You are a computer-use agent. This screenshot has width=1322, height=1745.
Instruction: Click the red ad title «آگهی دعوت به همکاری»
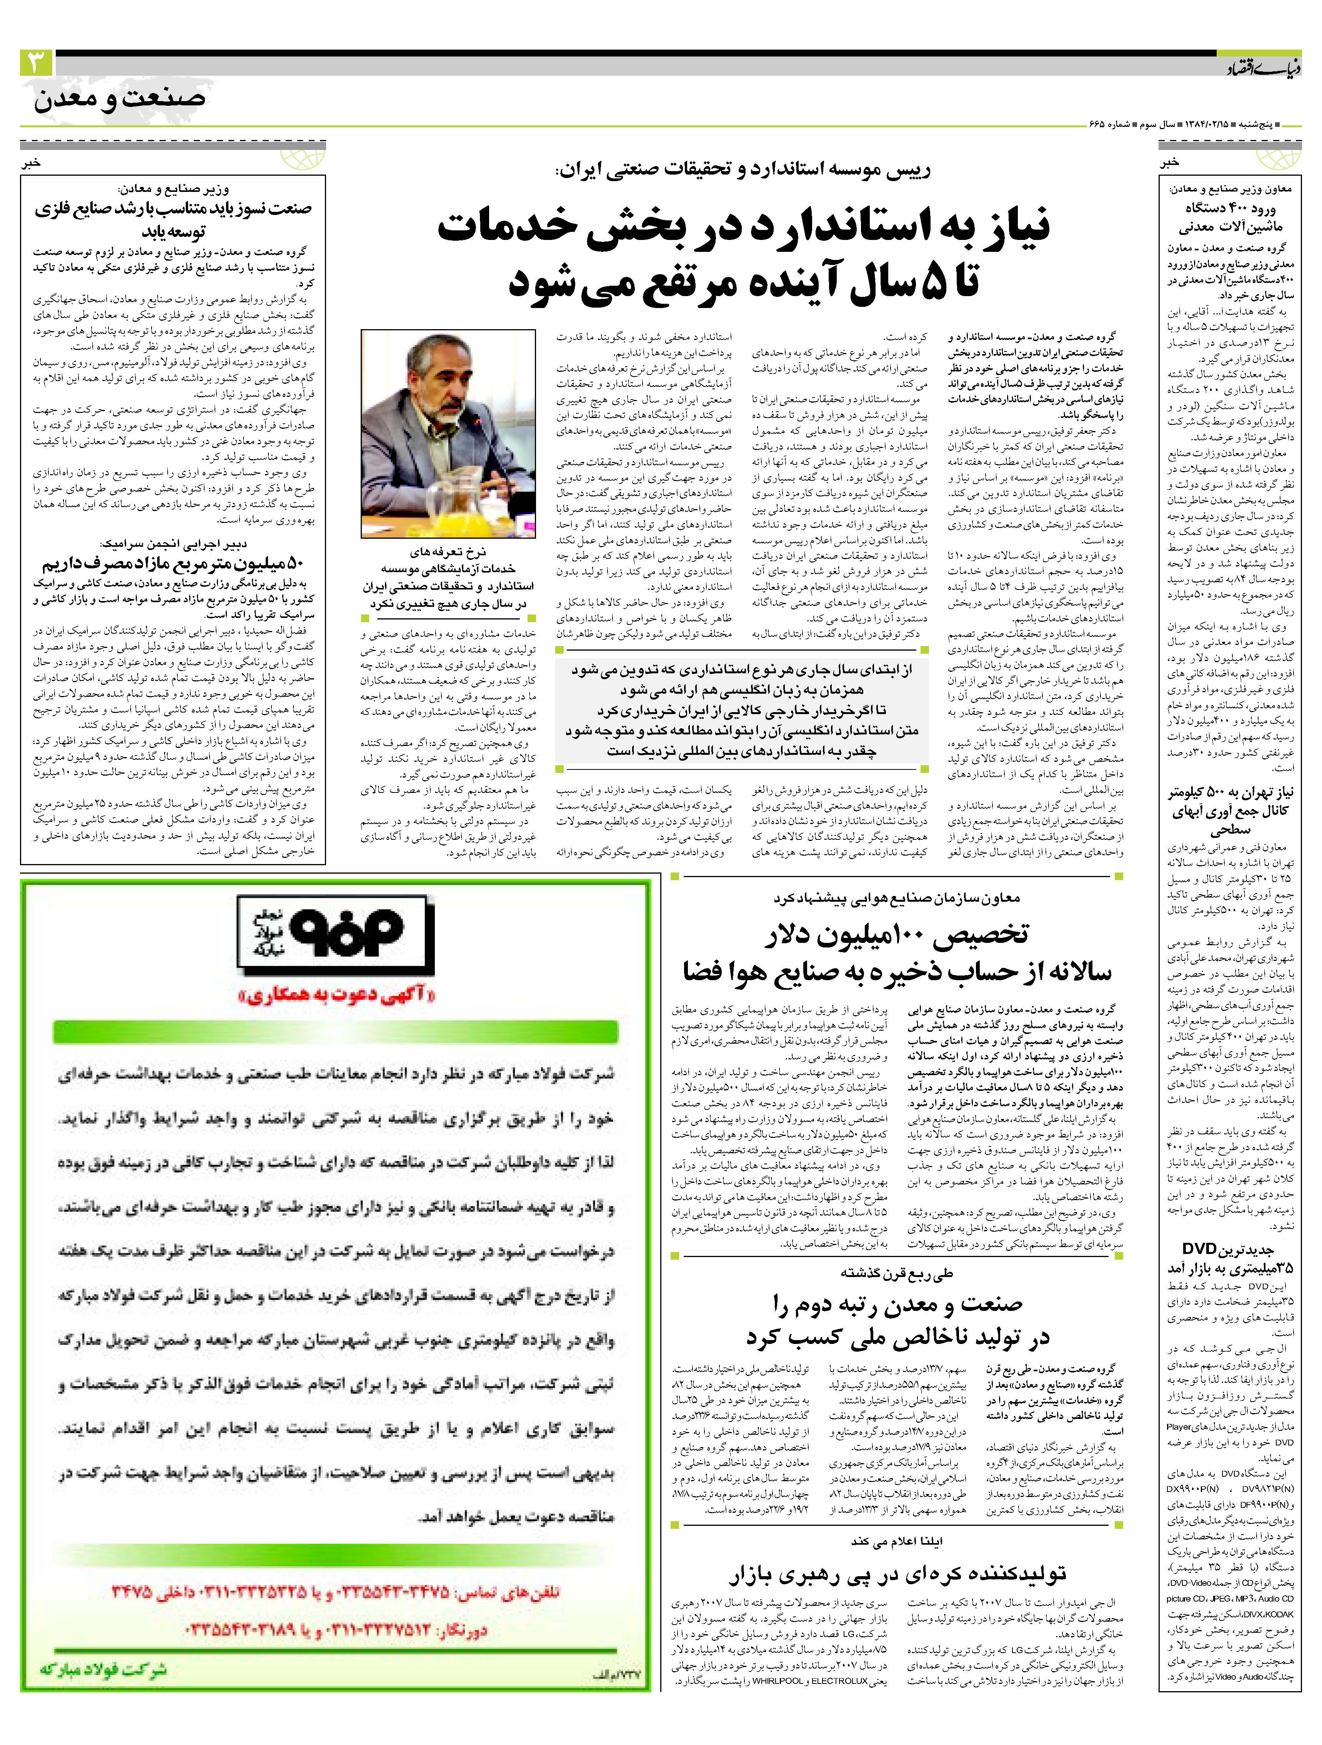point(335,996)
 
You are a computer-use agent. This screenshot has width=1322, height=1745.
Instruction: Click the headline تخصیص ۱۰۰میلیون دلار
point(897,936)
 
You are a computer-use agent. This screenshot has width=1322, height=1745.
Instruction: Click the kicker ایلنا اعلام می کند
point(897,1541)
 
